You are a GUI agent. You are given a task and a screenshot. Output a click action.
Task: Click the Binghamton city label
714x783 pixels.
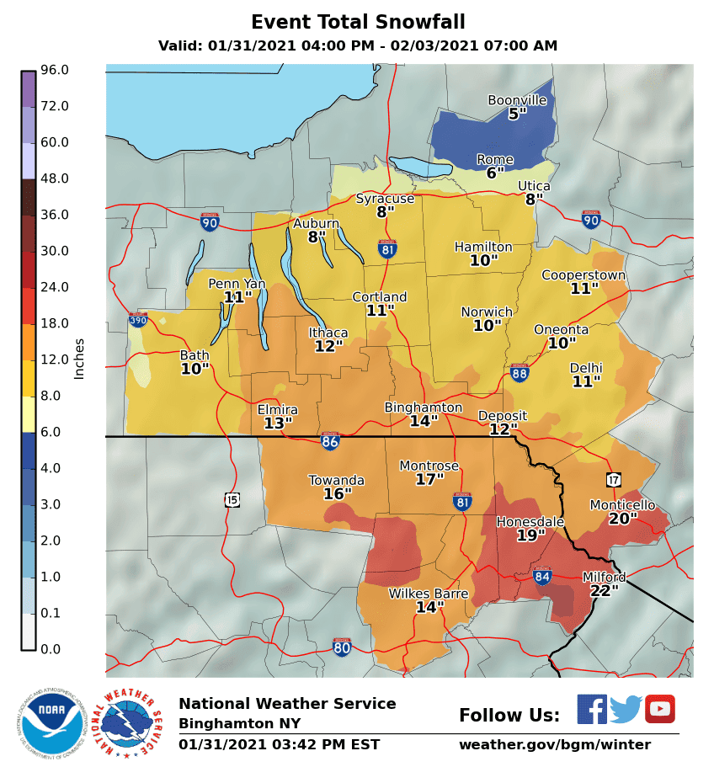point(424,407)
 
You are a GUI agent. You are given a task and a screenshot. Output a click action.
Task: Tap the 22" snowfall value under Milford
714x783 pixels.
point(604,591)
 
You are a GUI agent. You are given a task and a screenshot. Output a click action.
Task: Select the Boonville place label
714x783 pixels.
point(517,100)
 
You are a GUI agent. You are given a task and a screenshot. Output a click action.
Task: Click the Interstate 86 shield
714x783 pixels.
point(330,441)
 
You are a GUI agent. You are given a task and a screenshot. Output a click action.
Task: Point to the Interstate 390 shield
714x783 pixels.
point(138,320)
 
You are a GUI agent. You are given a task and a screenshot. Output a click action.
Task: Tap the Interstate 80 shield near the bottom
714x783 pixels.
point(341,647)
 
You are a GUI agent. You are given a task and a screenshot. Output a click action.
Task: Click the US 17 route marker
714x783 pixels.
point(613,479)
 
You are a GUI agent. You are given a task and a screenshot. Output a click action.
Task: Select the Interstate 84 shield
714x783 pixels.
point(542,576)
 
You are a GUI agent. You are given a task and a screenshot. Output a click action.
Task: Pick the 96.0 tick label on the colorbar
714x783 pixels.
point(54,70)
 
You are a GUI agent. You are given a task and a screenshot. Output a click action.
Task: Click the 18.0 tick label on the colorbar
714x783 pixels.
point(54,323)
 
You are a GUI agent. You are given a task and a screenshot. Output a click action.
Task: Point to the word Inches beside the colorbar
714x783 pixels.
point(80,359)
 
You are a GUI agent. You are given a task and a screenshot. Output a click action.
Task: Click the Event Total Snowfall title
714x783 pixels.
point(358,22)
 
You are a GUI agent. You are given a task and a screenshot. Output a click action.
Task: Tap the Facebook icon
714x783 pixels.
point(592,709)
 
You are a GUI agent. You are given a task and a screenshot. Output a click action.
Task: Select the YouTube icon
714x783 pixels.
point(660,709)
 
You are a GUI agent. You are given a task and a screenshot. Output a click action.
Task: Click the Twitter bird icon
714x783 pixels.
point(626,709)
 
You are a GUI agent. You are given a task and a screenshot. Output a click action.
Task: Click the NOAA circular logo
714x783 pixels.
point(52,722)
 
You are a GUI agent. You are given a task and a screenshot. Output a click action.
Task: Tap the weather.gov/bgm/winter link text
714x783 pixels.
point(554,745)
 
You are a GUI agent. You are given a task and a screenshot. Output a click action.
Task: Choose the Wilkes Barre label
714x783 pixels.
point(428,594)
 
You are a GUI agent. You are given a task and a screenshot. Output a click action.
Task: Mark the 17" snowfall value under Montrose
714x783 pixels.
point(429,480)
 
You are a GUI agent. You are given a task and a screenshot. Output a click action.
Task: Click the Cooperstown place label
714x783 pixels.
point(583,275)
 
